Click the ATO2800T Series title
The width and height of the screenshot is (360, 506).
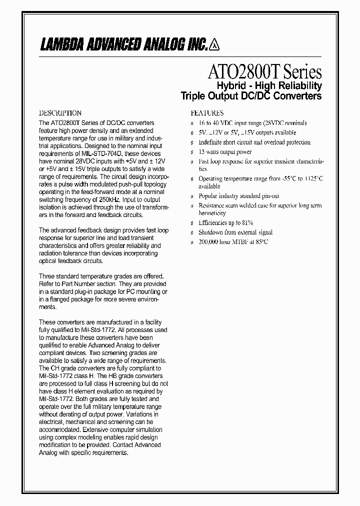coord(264,72)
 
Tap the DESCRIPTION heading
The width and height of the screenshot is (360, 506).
coord(60,113)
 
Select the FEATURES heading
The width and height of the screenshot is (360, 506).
coord(207,113)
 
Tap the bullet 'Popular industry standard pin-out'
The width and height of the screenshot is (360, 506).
coord(238,196)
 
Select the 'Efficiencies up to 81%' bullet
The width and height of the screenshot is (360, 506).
coord(225,222)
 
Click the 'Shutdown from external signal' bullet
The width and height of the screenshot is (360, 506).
coord(235,232)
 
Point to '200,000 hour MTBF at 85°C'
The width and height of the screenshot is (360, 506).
coord(233,241)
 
